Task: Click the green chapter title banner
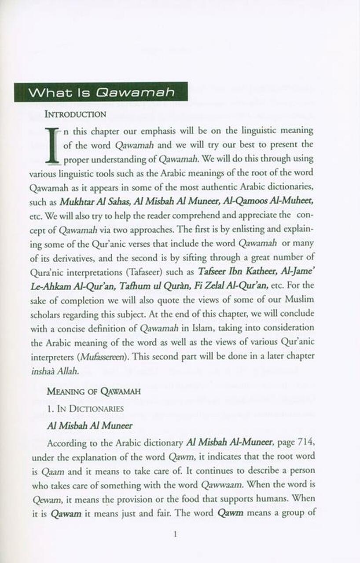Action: pos(101,92)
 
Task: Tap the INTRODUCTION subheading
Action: pos(75,114)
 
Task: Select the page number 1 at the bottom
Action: pos(175,534)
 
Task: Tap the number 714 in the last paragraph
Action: pos(303,442)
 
